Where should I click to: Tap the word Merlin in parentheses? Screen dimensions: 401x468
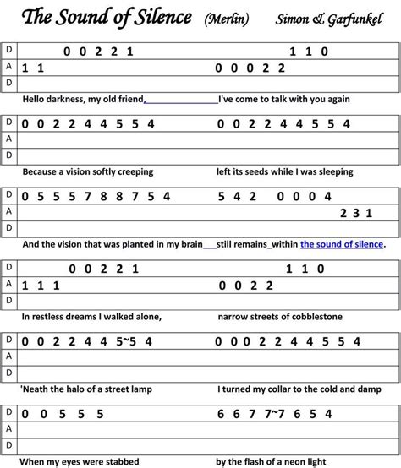point(226,18)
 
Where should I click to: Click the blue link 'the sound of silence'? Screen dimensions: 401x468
point(342,244)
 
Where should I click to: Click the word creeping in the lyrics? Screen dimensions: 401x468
point(134,171)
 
